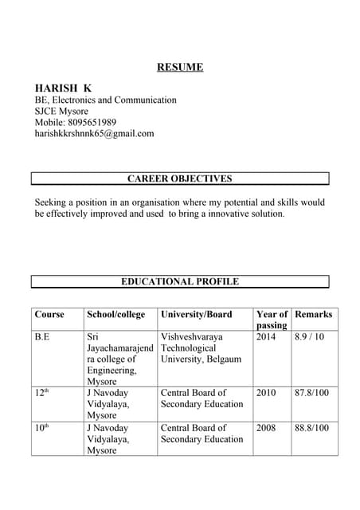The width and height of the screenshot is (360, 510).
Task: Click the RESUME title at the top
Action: point(179,67)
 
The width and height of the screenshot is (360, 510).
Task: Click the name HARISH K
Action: point(63,87)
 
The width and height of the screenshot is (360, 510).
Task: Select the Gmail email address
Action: point(94,134)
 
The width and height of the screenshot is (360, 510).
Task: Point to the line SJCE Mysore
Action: point(61,111)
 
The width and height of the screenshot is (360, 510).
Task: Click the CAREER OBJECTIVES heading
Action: point(179,178)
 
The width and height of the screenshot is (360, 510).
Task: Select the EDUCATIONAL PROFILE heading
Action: point(179,281)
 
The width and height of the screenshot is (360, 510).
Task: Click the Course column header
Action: point(49,315)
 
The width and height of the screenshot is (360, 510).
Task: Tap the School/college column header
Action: point(116,315)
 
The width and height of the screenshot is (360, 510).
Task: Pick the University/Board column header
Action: point(196,315)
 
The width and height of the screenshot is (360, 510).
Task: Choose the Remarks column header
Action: point(313,315)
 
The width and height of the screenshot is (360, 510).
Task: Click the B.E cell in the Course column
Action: point(42,337)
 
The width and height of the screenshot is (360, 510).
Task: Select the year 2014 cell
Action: point(266,337)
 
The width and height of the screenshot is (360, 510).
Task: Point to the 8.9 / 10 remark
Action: point(310,337)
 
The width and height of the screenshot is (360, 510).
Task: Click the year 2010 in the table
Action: point(266,393)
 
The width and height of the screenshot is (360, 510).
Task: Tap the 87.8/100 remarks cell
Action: point(311,393)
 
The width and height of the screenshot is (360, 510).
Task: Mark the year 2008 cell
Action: point(266,428)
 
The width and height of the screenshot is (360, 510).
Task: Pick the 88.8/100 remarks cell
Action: point(311,428)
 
